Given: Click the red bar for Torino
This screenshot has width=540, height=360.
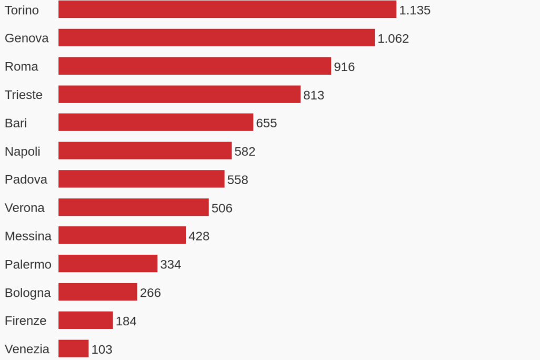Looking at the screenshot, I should [227, 9].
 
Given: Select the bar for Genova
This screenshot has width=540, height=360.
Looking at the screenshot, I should [216, 38].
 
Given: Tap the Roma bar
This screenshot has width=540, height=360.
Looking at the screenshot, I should [194, 66].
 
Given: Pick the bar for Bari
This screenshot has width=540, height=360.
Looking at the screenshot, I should [155, 123].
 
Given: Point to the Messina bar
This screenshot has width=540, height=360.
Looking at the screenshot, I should [122, 235].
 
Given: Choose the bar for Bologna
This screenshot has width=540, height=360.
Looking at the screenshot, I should [97, 292].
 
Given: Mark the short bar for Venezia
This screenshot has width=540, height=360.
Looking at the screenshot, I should [73, 348].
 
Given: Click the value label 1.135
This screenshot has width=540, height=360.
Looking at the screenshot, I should [415, 10].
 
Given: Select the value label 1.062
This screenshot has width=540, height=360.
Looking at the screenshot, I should [393, 38].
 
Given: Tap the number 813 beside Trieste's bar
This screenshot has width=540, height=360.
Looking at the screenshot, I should [314, 95].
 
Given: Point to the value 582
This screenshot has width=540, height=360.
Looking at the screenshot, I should [245, 152].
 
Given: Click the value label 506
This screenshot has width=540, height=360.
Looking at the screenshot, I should [222, 208].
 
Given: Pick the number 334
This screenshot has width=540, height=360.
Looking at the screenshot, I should [171, 264].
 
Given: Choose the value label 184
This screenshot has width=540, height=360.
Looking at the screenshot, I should [126, 321].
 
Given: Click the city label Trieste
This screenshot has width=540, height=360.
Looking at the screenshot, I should [24, 95].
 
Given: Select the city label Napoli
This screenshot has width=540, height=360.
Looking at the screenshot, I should [23, 152].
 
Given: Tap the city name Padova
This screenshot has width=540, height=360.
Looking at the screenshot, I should [26, 179].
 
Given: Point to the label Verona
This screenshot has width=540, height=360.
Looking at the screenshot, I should [25, 208].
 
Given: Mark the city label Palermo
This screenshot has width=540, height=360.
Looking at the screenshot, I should [28, 264].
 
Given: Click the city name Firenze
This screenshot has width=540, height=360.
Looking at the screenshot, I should [25, 321].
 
